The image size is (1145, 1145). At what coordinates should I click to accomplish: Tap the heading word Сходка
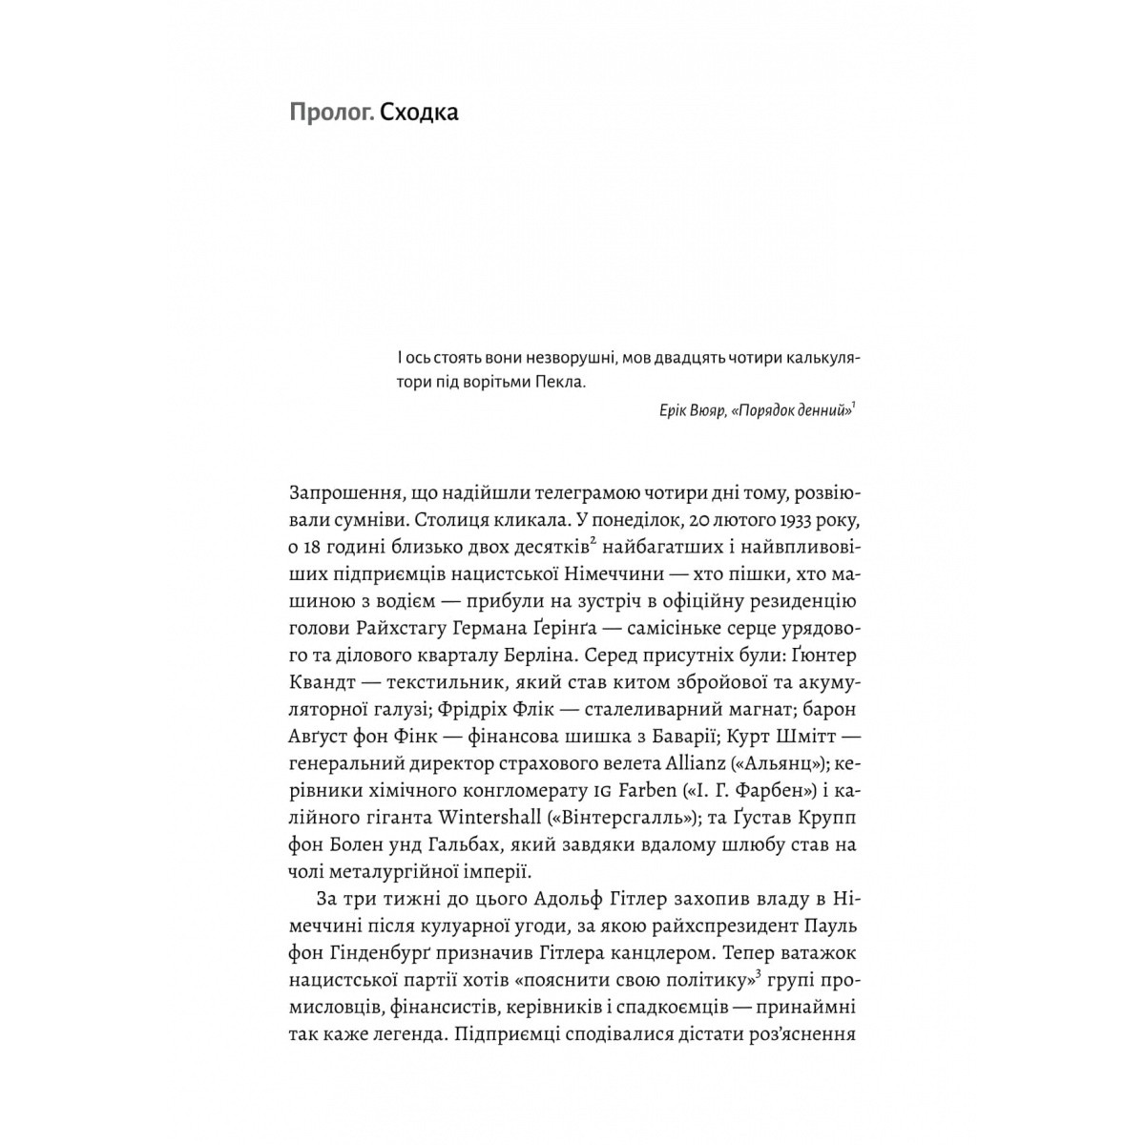[419, 114]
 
